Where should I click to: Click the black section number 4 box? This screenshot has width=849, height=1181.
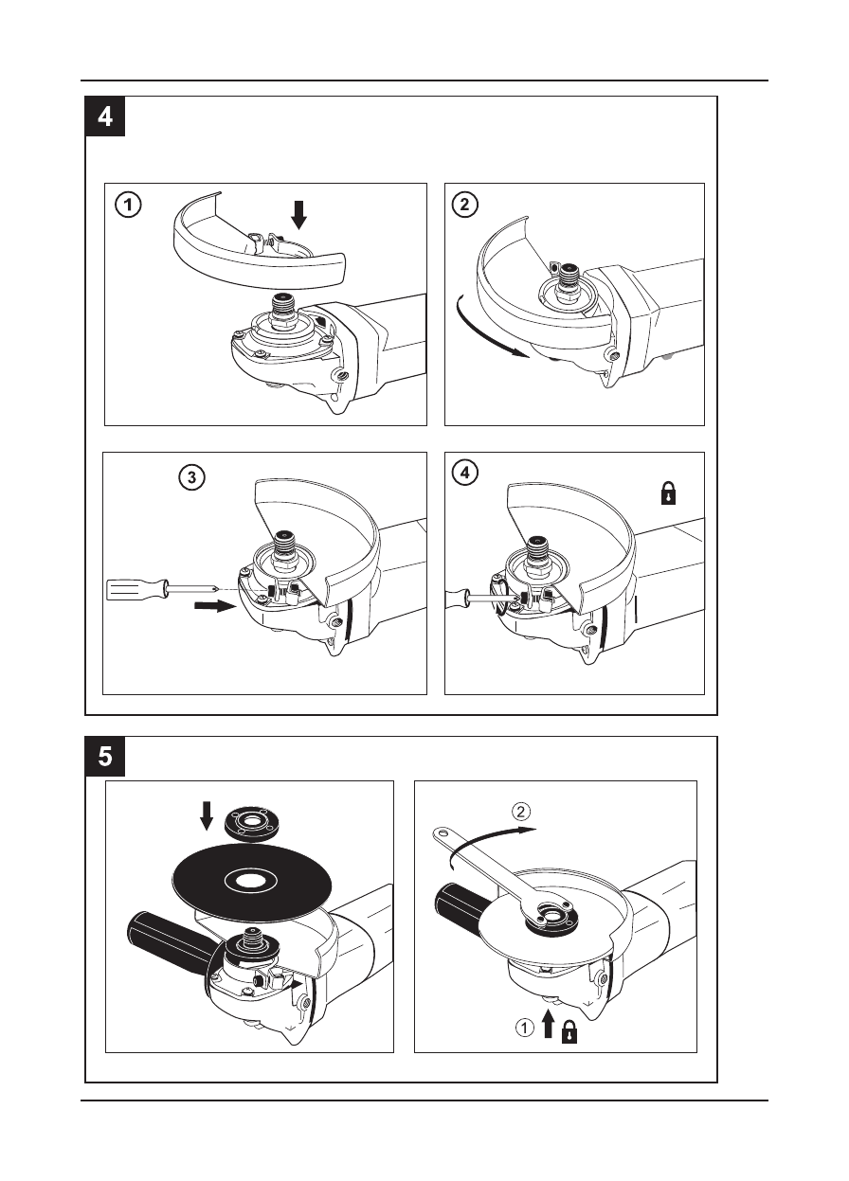[105, 116]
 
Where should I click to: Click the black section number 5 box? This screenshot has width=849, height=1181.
[105, 757]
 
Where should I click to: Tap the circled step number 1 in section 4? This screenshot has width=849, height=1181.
[128, 205]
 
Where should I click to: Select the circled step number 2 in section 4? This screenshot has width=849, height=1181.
[465, 205]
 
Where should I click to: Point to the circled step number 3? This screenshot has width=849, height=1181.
[192, 477]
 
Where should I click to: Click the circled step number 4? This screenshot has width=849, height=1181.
[465, 473]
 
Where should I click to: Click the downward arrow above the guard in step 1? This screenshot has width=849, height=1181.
[299, 215]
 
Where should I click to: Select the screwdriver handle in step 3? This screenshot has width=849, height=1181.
[137, 589]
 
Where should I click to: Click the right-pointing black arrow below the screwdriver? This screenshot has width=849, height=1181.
[215, 606]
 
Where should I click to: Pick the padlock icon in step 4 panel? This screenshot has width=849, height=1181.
[669, 493]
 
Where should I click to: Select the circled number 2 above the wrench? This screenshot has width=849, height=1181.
[521, 811]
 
